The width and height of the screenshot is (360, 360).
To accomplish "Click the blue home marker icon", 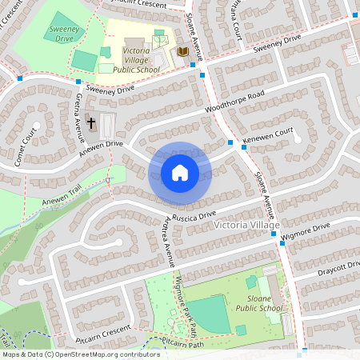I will click(x=180, y=173).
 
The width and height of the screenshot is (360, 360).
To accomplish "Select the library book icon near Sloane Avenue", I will click(x=182, y=52).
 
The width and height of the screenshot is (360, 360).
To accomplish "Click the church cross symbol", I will click(x=91, y=124).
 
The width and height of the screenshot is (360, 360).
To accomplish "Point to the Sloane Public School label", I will click(x=259, y=303).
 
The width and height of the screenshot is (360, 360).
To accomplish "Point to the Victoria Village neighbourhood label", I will click(x=247, y=226).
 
